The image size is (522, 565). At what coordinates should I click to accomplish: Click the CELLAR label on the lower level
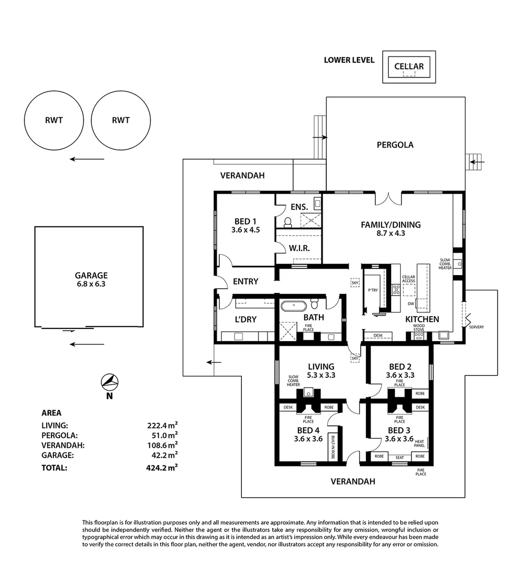pos(409,66)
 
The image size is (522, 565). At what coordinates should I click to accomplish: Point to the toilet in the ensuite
pos(287,222)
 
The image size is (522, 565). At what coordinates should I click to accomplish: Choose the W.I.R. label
pos(299,248)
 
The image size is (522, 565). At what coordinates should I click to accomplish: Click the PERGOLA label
pos(395,145)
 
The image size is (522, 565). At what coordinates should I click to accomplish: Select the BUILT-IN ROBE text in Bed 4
pos(331,447)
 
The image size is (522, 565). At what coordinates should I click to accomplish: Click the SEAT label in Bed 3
pos(399,457)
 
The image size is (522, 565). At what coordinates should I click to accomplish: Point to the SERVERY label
pos(476,327)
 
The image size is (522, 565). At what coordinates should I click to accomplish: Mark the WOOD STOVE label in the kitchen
pos(418,328)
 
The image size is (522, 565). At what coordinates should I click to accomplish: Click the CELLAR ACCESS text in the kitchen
pos(408,279)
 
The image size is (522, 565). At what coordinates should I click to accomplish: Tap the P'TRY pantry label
pos(373,290)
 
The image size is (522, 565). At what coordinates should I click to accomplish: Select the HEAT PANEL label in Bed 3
pos(419,443)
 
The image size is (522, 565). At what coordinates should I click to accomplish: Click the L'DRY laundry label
pos(245,319)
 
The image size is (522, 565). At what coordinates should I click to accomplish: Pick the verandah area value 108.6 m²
pos(162,445)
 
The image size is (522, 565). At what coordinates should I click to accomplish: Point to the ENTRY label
pos(246,281)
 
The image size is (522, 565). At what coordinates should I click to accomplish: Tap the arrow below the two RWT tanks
pos(87,159)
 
